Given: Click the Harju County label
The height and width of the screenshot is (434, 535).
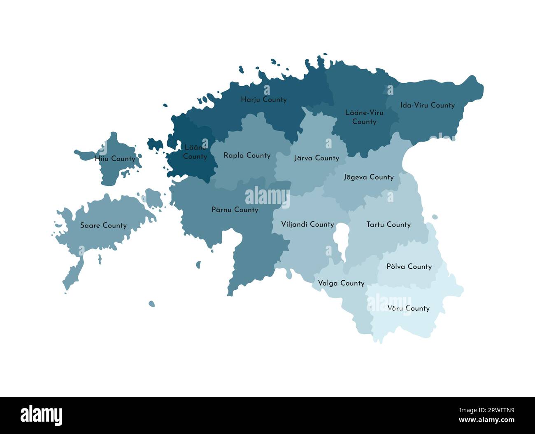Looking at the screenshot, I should (263, 100).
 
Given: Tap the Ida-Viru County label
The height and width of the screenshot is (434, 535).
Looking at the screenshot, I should (427, 106).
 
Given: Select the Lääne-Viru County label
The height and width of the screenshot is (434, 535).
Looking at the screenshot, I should (364, 117).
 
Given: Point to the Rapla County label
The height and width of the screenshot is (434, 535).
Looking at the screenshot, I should (247, 156).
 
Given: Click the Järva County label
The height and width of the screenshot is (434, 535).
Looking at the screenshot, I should (316, 158).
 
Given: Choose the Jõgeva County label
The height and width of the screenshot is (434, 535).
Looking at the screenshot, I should (368, 177).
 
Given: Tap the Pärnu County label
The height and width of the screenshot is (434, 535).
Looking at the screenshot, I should (235, 210).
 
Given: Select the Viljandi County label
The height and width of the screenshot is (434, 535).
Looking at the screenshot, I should (307, 225).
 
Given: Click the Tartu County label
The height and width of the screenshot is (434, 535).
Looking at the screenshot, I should (388, 225).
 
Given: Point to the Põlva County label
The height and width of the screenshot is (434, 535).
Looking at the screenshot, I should (409, 267).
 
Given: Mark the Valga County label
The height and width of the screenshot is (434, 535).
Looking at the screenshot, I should (341, 283).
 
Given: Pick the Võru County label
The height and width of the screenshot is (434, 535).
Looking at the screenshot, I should (408, 308).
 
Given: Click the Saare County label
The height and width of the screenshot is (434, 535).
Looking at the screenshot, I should (103, 225).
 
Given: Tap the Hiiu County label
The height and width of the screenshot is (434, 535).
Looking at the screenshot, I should (115, 159).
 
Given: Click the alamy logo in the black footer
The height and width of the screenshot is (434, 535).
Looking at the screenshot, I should (41, 415).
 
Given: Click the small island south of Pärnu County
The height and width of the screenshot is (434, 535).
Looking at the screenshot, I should (151, 304).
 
